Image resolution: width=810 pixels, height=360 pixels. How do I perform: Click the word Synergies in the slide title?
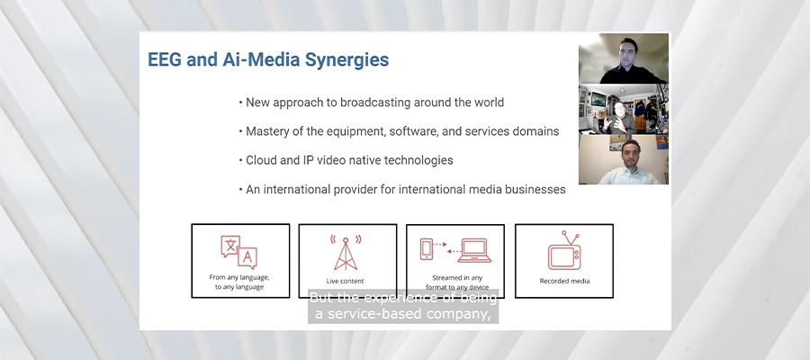(x=346, y=60)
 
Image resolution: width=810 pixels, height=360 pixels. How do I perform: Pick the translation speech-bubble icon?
(x=238, y=252)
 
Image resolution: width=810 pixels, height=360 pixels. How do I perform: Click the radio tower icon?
(x=346, y=253)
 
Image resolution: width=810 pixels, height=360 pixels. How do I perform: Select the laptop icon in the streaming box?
(x=474, y=250)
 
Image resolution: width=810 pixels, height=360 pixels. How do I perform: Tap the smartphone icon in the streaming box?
(x=427, y=248)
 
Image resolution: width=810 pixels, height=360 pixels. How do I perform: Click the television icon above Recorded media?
(x=564, y=251)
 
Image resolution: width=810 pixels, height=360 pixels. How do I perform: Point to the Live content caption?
(x=345, y=281)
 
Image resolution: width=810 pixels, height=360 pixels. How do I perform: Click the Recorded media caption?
(x=564, y=281)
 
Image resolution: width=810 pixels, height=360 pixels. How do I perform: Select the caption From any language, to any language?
(x=239, y=282)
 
